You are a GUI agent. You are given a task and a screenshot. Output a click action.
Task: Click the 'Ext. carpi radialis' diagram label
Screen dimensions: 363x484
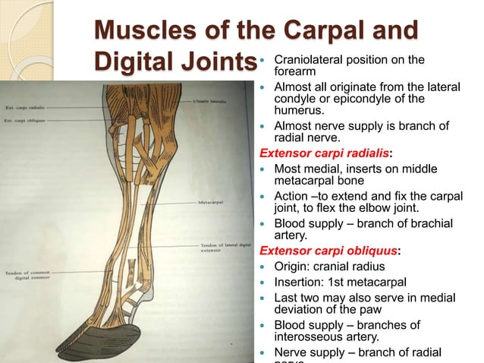tap(22, 106)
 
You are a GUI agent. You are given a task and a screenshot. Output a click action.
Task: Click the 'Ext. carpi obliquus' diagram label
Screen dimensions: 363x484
tap(24, 119)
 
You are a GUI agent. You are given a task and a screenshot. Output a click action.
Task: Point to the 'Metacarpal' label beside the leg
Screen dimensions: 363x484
tap(212, 203)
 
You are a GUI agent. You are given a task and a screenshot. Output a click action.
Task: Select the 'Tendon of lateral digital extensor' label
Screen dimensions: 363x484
tap(224, 248)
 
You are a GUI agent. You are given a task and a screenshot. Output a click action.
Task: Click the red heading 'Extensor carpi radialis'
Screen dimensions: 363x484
tap(329, 151)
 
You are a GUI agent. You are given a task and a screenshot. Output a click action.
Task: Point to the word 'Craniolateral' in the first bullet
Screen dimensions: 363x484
tap(312, 60)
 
